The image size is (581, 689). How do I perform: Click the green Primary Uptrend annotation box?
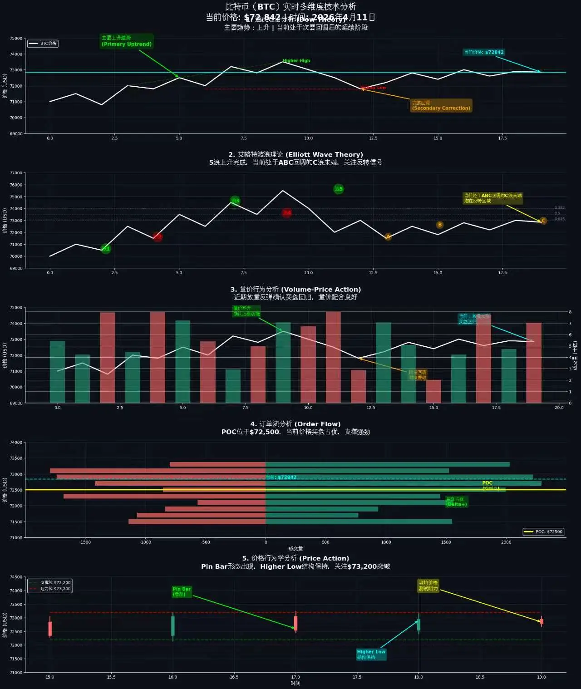coord(127,41)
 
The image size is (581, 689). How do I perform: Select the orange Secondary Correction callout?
coord(441,105)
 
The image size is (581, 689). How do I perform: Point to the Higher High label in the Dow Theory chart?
coord(296,60)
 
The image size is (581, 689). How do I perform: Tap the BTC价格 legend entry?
coord(43,44)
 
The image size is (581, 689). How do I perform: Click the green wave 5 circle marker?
coord(339,189)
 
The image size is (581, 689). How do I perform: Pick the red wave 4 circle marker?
coord(287,212)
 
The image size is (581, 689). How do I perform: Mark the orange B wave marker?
coord(439,225)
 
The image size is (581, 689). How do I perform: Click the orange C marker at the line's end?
coord(543,221)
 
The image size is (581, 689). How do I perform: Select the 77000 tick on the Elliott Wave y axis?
coord(16,173)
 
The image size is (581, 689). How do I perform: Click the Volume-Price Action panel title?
coord(295,289)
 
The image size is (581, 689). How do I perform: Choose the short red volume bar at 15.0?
coord(433,391)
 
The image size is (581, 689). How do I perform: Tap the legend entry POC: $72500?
coord(544,532)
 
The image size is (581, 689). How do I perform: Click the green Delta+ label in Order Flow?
coord(456,502)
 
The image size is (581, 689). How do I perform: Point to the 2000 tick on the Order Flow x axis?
coord(506,542)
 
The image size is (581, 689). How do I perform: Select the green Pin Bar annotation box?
coord(182,591)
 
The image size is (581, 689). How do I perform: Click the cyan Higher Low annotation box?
coord(371,654)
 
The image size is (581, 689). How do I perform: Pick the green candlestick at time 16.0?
coord(173,626)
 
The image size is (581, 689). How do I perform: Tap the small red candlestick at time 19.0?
coord(542,621)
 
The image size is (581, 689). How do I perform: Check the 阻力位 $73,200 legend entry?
coord(50,589)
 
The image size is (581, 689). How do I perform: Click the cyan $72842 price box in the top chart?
coord(483,52)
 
